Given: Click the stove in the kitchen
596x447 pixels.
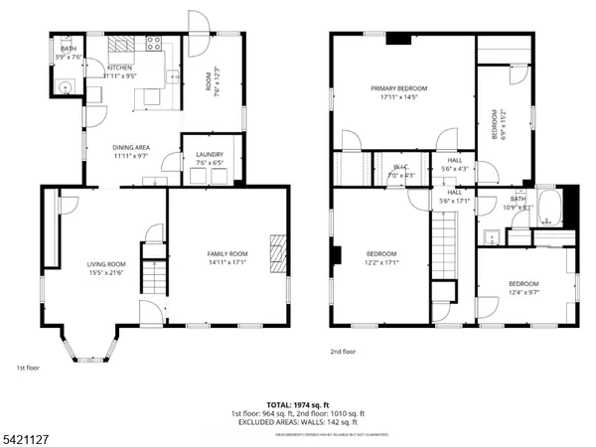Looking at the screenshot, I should pos(154,43).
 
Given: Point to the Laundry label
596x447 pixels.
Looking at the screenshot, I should pos(209,154).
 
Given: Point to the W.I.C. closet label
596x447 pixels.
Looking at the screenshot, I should pos(400,167).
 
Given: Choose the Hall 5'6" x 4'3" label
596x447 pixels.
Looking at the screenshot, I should pos(454,164).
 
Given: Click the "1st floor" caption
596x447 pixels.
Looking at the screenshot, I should pos(27,369).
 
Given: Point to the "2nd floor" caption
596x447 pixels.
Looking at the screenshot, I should pos(343,351).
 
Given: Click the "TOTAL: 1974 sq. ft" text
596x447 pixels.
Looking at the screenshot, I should pos(298,404).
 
